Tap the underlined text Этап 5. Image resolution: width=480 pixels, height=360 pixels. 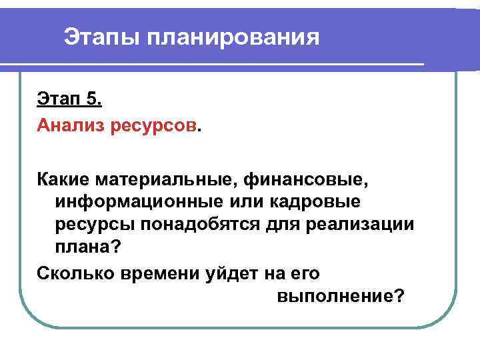69,101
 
